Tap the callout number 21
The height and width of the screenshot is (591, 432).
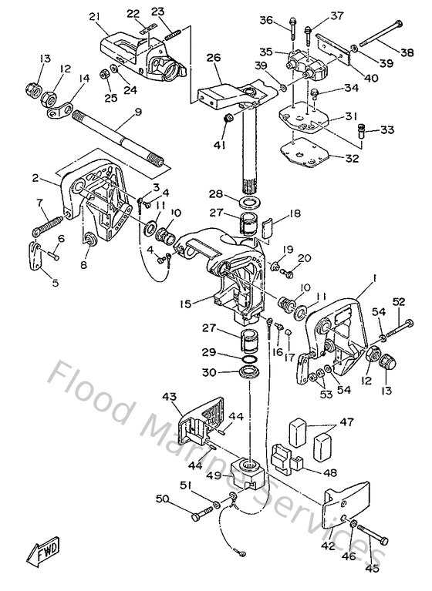pyautogui.click(x=94, y=16)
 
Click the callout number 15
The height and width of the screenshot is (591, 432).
pyautogui.click(x=185, y=304)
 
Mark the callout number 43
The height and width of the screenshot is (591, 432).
pyautogui.click(x=170, y=397)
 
